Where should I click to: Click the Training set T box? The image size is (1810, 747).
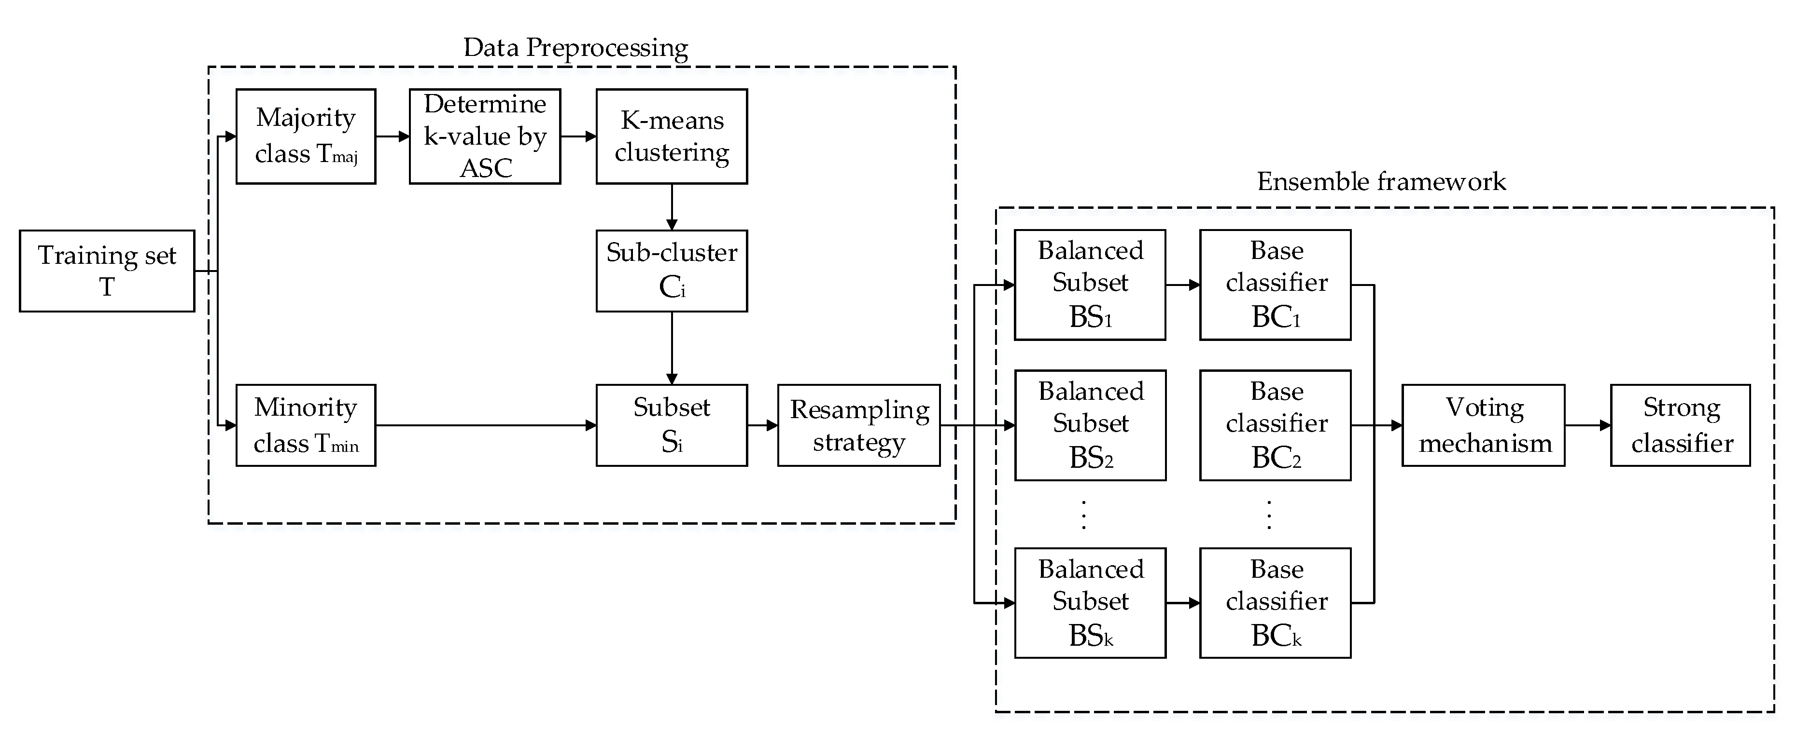click(107, 271)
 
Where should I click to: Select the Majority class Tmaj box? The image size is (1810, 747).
click(306, 136)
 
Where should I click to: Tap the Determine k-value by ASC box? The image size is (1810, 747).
click(485, 136)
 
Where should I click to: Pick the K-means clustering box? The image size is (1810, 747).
click(672, 136)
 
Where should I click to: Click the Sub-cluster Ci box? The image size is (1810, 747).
click(672, 271)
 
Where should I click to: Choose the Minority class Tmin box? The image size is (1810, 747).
click(306, 425)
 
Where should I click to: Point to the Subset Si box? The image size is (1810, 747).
click(672, 425)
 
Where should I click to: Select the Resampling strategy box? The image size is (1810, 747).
click(858, 425)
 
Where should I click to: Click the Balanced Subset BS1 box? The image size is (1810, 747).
click(1090, 285)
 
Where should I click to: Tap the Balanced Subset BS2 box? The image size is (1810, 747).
click(1090, 425)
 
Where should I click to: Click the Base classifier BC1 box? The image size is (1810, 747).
click(1275, 285)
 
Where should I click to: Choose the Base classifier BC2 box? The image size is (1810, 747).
click(1275, 425)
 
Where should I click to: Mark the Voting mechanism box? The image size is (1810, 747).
click(1483, 425)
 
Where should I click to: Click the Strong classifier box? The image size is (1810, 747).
click(1680, 425)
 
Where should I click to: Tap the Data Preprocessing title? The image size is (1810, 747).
click(575, 48)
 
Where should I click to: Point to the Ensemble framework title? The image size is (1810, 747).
click(1381, 182)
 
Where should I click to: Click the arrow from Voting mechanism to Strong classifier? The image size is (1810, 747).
click(1588, 425)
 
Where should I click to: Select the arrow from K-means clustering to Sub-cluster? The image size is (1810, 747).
click(672, 207)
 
